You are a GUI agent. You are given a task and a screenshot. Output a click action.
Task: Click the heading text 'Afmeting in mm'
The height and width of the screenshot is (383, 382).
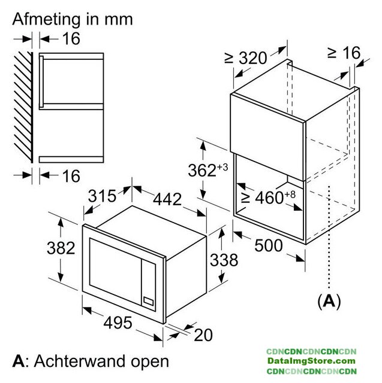73,20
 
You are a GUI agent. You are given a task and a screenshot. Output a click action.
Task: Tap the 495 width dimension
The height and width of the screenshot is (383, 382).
118,323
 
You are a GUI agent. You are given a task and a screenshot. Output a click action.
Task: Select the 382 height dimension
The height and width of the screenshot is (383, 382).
61,248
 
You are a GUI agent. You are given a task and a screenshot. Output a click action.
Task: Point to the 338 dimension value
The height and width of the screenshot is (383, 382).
224,260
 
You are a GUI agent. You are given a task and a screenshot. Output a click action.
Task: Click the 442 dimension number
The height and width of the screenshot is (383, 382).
167,199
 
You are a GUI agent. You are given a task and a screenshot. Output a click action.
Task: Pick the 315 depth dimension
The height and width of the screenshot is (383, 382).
102,196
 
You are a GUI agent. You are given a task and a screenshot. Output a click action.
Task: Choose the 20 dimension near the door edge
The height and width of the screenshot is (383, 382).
203,335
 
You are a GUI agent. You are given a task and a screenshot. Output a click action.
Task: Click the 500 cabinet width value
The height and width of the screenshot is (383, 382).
269,245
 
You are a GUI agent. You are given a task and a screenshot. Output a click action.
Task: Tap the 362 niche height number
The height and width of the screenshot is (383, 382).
202,170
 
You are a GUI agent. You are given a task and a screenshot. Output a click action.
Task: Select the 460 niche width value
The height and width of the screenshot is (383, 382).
269,197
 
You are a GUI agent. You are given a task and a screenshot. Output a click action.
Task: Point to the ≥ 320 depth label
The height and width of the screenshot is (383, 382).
245,58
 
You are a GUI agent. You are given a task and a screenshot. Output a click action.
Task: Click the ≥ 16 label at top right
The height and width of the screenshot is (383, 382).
344,53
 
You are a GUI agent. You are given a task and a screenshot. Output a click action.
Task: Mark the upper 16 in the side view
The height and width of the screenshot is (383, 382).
71,38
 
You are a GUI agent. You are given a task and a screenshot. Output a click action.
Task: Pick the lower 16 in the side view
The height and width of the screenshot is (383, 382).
71,175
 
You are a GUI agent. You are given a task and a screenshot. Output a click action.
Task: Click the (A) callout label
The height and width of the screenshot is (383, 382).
329,301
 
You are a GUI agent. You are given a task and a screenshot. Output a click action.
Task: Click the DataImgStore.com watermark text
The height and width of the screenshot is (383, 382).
311,361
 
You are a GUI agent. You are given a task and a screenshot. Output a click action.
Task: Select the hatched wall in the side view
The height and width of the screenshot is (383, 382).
23,107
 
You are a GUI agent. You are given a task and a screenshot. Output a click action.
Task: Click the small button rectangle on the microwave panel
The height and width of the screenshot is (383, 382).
148,301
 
